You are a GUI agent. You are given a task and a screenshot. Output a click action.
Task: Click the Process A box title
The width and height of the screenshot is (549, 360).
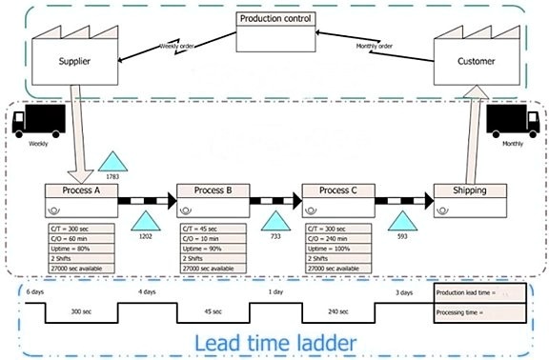[x=81, y=190]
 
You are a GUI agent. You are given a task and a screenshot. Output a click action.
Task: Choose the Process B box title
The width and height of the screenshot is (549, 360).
[x=213, y=190]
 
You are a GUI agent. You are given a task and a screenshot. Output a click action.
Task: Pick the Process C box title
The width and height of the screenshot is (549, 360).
[x=337, y=190]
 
